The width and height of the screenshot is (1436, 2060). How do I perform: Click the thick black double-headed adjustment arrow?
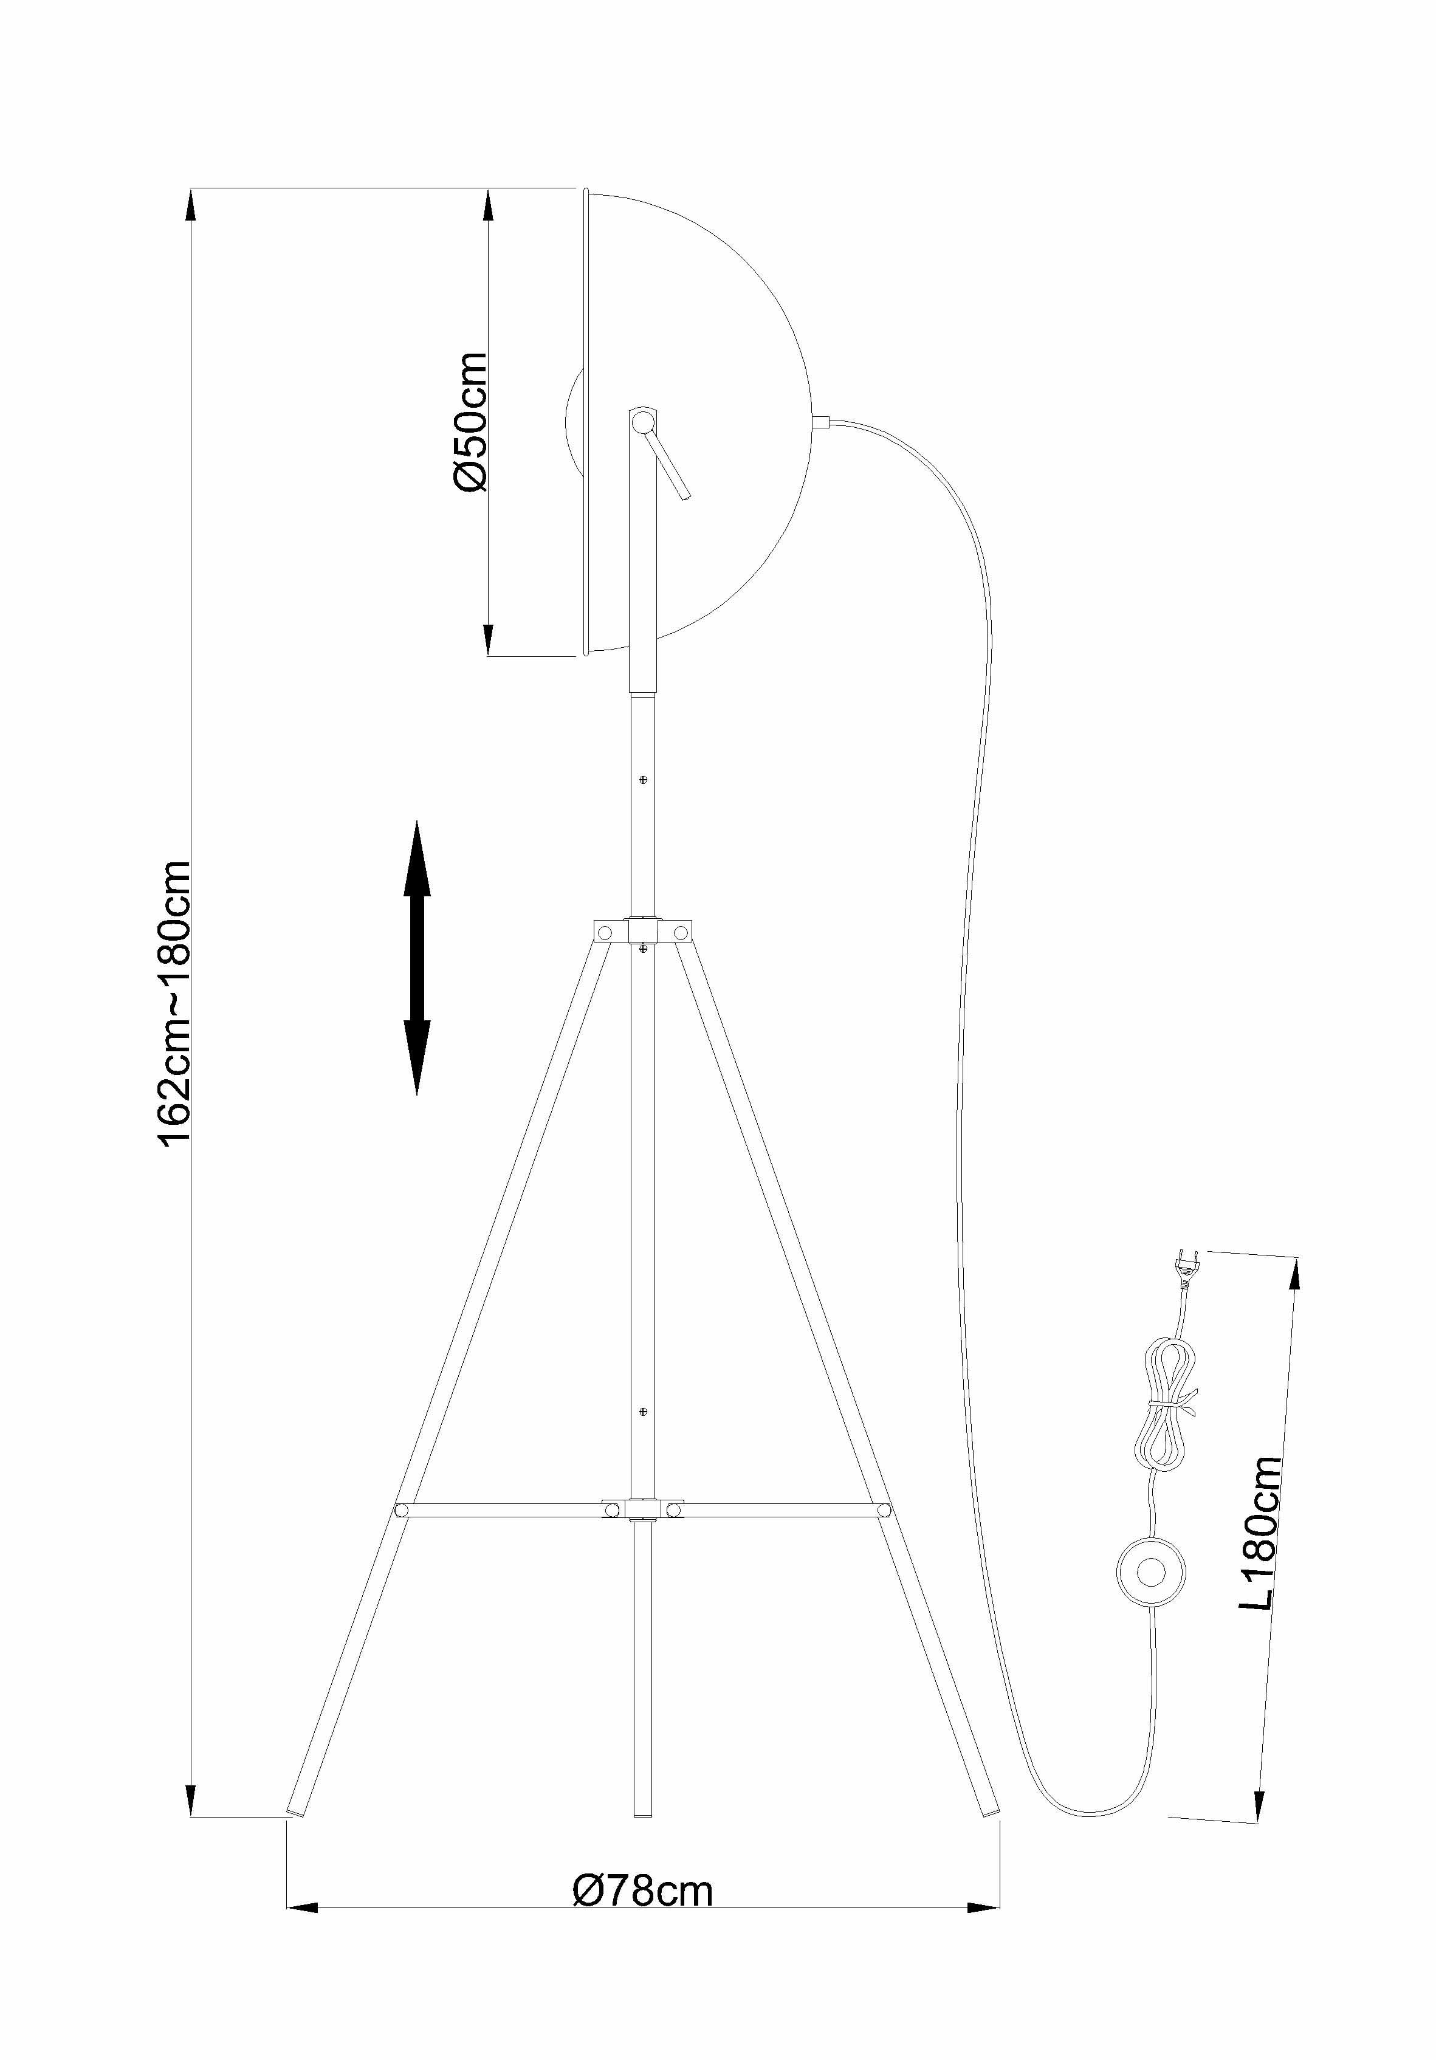(x=416, y=957)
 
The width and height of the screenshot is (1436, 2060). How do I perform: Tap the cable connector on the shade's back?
(x=820, y=421)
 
